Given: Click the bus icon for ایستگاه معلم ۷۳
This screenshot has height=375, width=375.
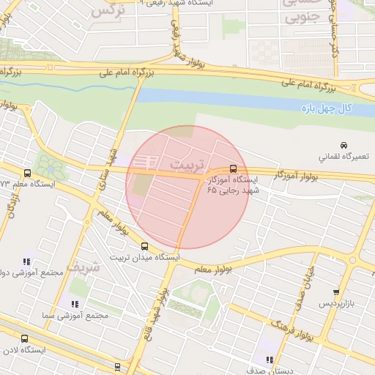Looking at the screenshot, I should click(x=27, y=174).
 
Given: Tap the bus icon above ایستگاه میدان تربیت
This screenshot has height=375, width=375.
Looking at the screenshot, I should click(x=144, y=246).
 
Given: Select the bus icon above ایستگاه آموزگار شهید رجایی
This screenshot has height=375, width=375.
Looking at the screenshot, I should click(x=233, y=168).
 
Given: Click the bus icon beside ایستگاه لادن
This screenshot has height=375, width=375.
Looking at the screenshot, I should click(x=24, y=338).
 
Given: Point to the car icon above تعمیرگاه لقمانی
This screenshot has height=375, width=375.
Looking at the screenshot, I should click(x=344, y=145).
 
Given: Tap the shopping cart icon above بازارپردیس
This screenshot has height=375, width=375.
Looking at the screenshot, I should click(x=336, y=292).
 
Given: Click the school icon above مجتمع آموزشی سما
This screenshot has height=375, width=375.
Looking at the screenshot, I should click(x=74, y=304).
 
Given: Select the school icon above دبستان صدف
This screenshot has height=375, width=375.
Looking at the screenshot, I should click(x=270, y=360).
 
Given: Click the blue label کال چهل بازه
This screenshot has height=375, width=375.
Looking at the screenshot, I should click(x=327, y=108).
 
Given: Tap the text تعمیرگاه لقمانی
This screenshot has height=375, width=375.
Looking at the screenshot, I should click(x=345, y=157).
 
